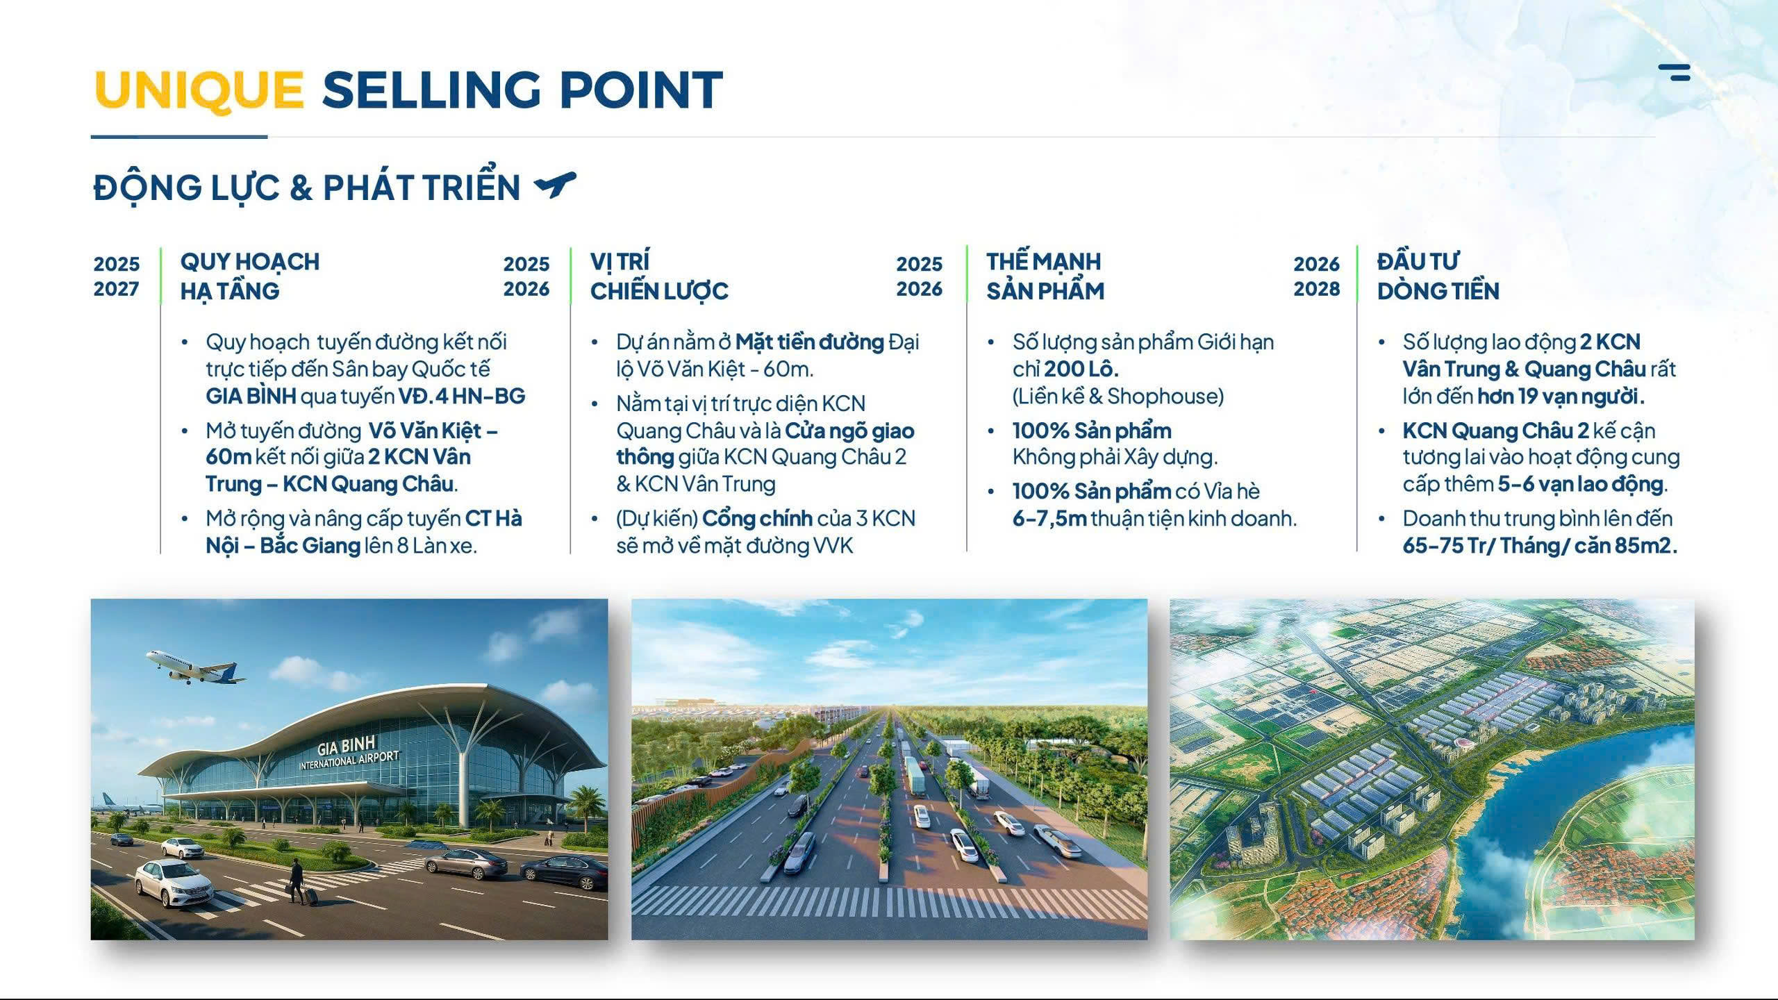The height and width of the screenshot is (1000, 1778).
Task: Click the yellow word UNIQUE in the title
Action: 199,91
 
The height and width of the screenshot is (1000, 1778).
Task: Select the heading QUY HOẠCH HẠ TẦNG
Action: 250,276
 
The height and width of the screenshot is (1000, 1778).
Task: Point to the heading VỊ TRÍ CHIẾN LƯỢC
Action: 659,276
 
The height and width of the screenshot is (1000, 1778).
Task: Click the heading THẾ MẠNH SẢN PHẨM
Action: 1045,276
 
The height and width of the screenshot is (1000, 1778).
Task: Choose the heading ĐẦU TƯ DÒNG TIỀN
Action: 1438,276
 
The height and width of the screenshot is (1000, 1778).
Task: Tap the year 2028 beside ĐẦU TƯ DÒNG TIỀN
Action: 1317,289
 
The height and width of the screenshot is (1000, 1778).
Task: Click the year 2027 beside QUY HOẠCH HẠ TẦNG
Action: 117,289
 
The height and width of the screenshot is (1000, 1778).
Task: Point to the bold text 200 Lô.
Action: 1081,369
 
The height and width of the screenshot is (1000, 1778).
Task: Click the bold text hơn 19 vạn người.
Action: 1561,396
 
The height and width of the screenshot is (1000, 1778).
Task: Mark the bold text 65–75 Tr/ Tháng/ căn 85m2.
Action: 1540,546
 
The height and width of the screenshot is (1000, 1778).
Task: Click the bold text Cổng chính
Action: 757,519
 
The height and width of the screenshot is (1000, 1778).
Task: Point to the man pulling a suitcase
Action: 297,881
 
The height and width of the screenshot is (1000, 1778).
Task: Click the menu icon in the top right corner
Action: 1674,72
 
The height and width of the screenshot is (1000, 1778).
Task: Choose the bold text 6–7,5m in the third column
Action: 1049,519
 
